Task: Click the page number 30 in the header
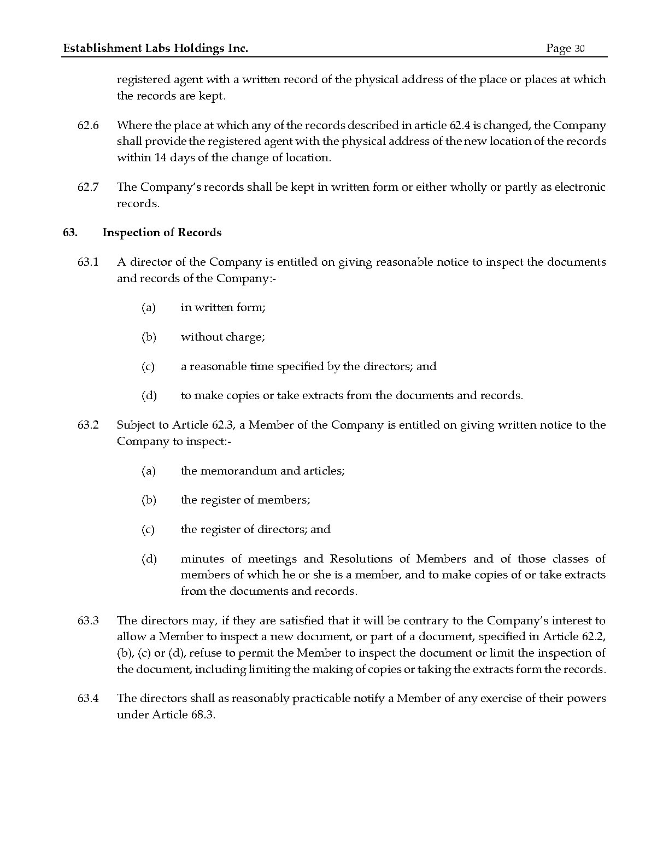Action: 579,49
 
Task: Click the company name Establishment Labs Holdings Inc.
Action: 156,48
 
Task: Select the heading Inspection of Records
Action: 162,232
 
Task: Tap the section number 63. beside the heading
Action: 70,232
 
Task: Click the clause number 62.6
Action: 88,125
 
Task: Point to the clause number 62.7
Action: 88,187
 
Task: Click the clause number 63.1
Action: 88,262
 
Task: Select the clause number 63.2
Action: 88,425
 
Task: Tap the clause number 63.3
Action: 88,621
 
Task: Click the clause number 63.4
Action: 88,698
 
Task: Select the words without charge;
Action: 223,337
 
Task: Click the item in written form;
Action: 223,307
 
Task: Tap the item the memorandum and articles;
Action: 262,471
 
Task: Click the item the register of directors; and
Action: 255,529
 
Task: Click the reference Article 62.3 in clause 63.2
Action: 206,425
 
